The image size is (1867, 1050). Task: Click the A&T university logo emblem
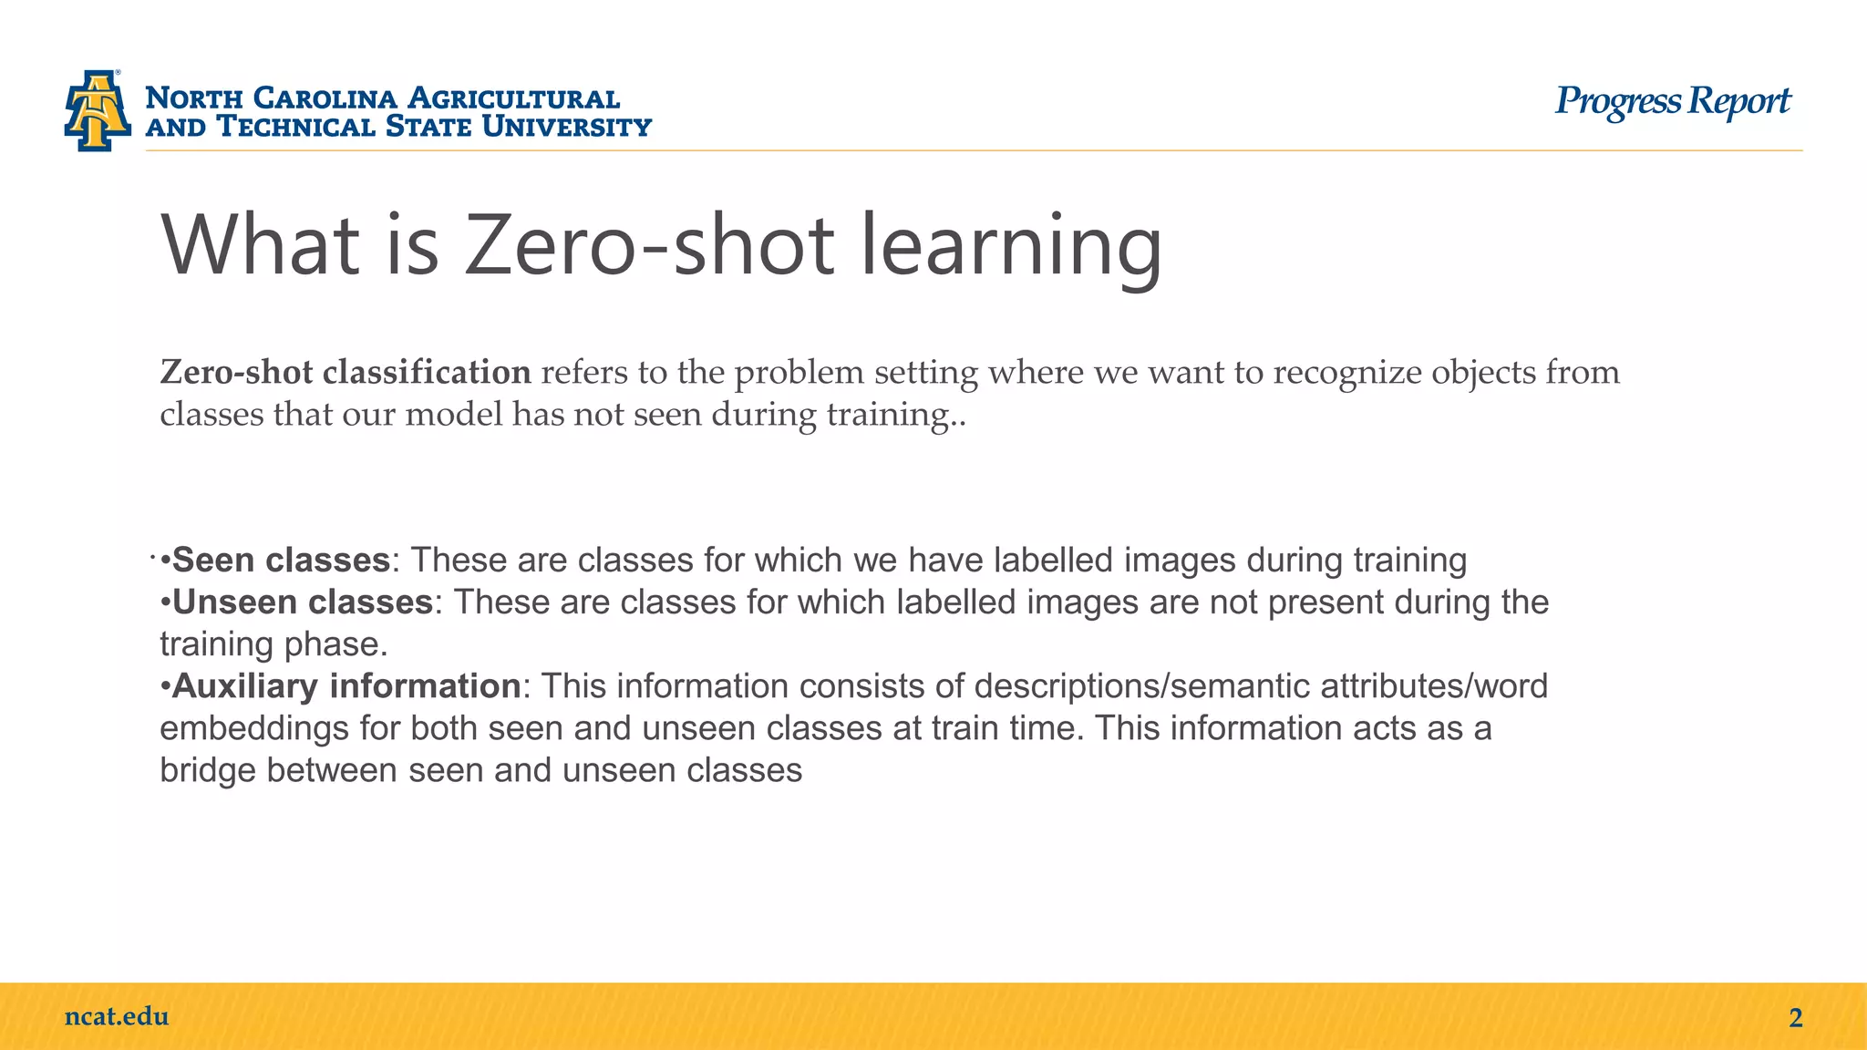click(x=97, y=110)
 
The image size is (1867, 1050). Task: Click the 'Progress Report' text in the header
click(x=1672, y=102)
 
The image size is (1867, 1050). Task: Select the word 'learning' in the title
click(x=1011, y=246)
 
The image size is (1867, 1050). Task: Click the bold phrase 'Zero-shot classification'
click(x=346, y=373)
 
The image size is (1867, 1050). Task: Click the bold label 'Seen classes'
click(x=281, y=560)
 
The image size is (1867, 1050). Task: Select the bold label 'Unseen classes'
click(x=302, y=602)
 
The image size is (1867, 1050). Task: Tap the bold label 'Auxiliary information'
click(x=346, y=685)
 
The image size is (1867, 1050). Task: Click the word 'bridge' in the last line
click(x=208, y=770)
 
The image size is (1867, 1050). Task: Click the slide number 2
click(x=1795, y=1018)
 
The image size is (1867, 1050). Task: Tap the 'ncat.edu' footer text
click(x=117, y=1016)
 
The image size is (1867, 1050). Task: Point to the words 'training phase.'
click(x=273, y=643)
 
